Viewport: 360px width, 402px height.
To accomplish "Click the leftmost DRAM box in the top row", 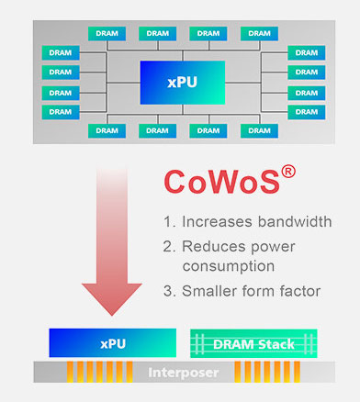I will [107, 33].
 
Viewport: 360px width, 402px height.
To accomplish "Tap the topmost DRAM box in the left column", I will [60, 52].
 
